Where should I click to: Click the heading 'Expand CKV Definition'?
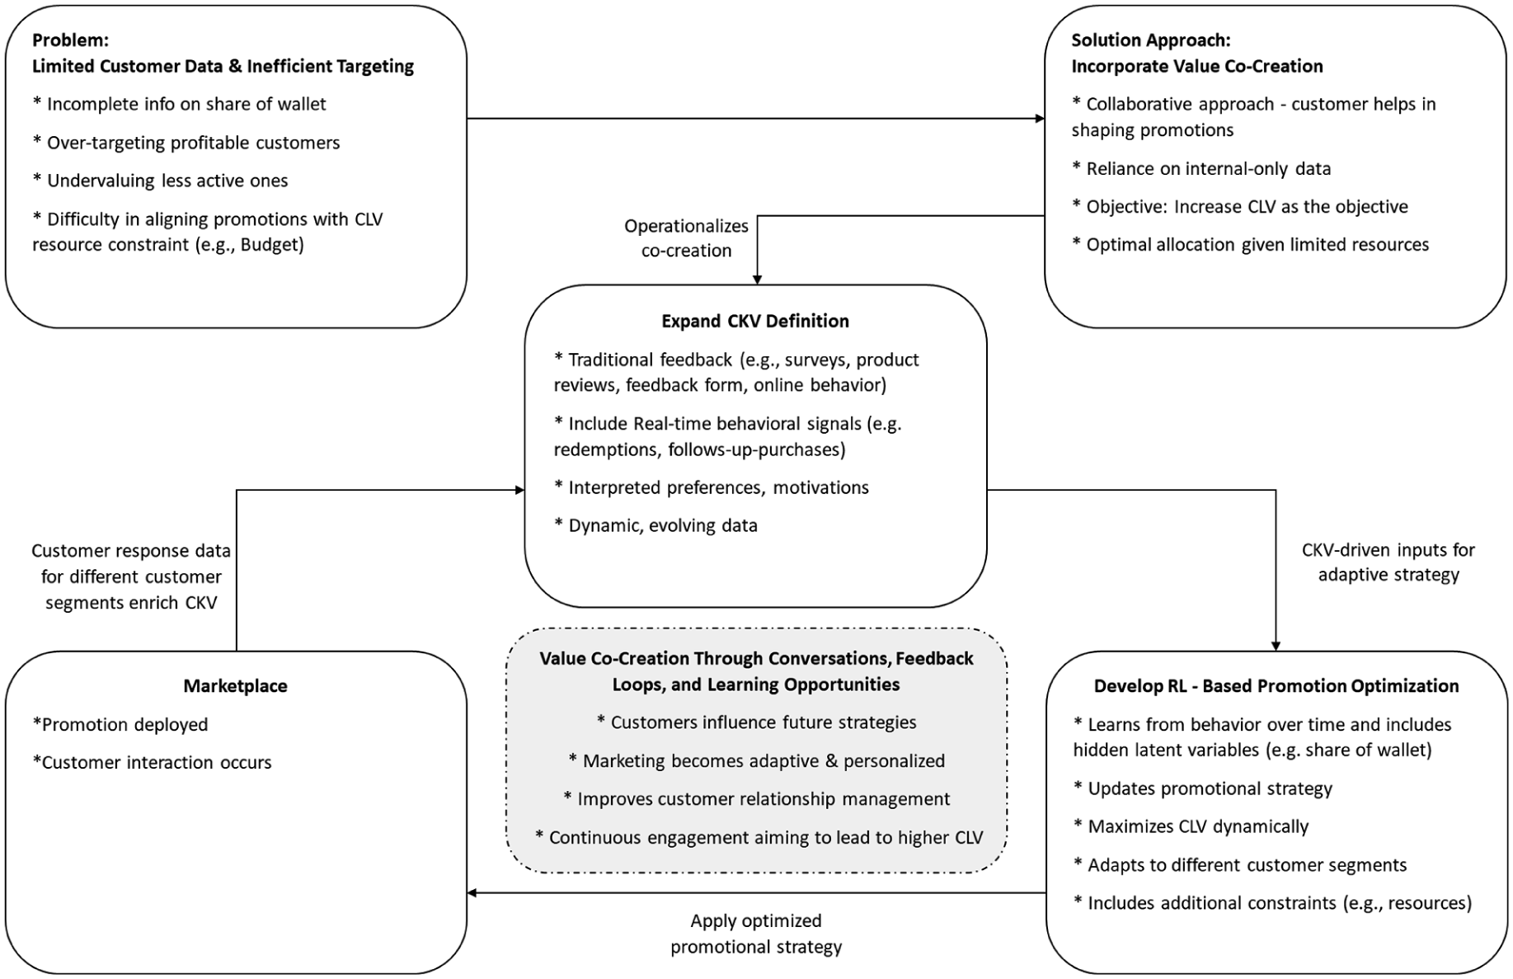[x=755, y=321]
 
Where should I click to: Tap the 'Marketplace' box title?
[x=236, y=685]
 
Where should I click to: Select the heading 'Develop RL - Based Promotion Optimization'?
[x=1276, y=685]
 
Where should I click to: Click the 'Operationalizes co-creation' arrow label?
[x=686, y=238]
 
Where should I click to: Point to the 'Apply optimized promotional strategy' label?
[x=756, y=934]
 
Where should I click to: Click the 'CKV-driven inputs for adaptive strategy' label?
[x=1388, y=562]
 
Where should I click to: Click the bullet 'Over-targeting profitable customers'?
[x=186, y=143]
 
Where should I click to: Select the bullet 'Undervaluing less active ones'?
[x=160, y=181]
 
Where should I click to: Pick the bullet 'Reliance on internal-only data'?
[x=1201, y=168]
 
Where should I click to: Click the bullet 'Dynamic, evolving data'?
[x=655, y=525]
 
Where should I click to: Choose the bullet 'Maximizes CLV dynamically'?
[x=1191, y=826]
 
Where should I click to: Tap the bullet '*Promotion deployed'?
[x=120, y=724]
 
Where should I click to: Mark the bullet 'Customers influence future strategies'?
[x=756, y=722]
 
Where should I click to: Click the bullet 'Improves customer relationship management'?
[x=756, y=798]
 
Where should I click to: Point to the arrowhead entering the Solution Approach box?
[x=1041, y=119]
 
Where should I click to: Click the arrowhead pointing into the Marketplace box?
[x=472, y=892]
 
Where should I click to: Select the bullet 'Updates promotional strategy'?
[x=1203, y=788]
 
